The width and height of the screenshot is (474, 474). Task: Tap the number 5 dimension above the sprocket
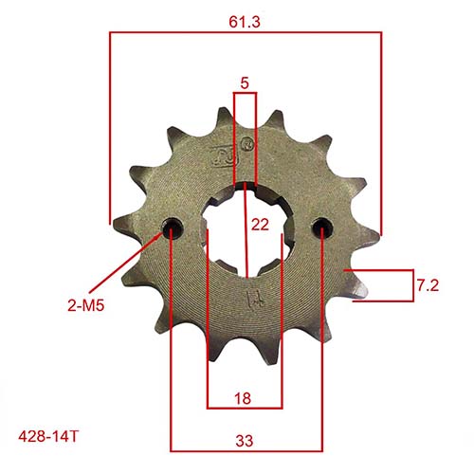[246, 83]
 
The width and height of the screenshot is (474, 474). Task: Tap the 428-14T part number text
[47, 438]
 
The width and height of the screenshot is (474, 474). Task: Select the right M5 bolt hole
[322, 228]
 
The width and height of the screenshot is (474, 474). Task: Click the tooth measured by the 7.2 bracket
[355, 283]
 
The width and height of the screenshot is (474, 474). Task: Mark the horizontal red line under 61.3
[246, 32]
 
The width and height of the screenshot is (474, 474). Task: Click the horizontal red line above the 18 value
[245, 409]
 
